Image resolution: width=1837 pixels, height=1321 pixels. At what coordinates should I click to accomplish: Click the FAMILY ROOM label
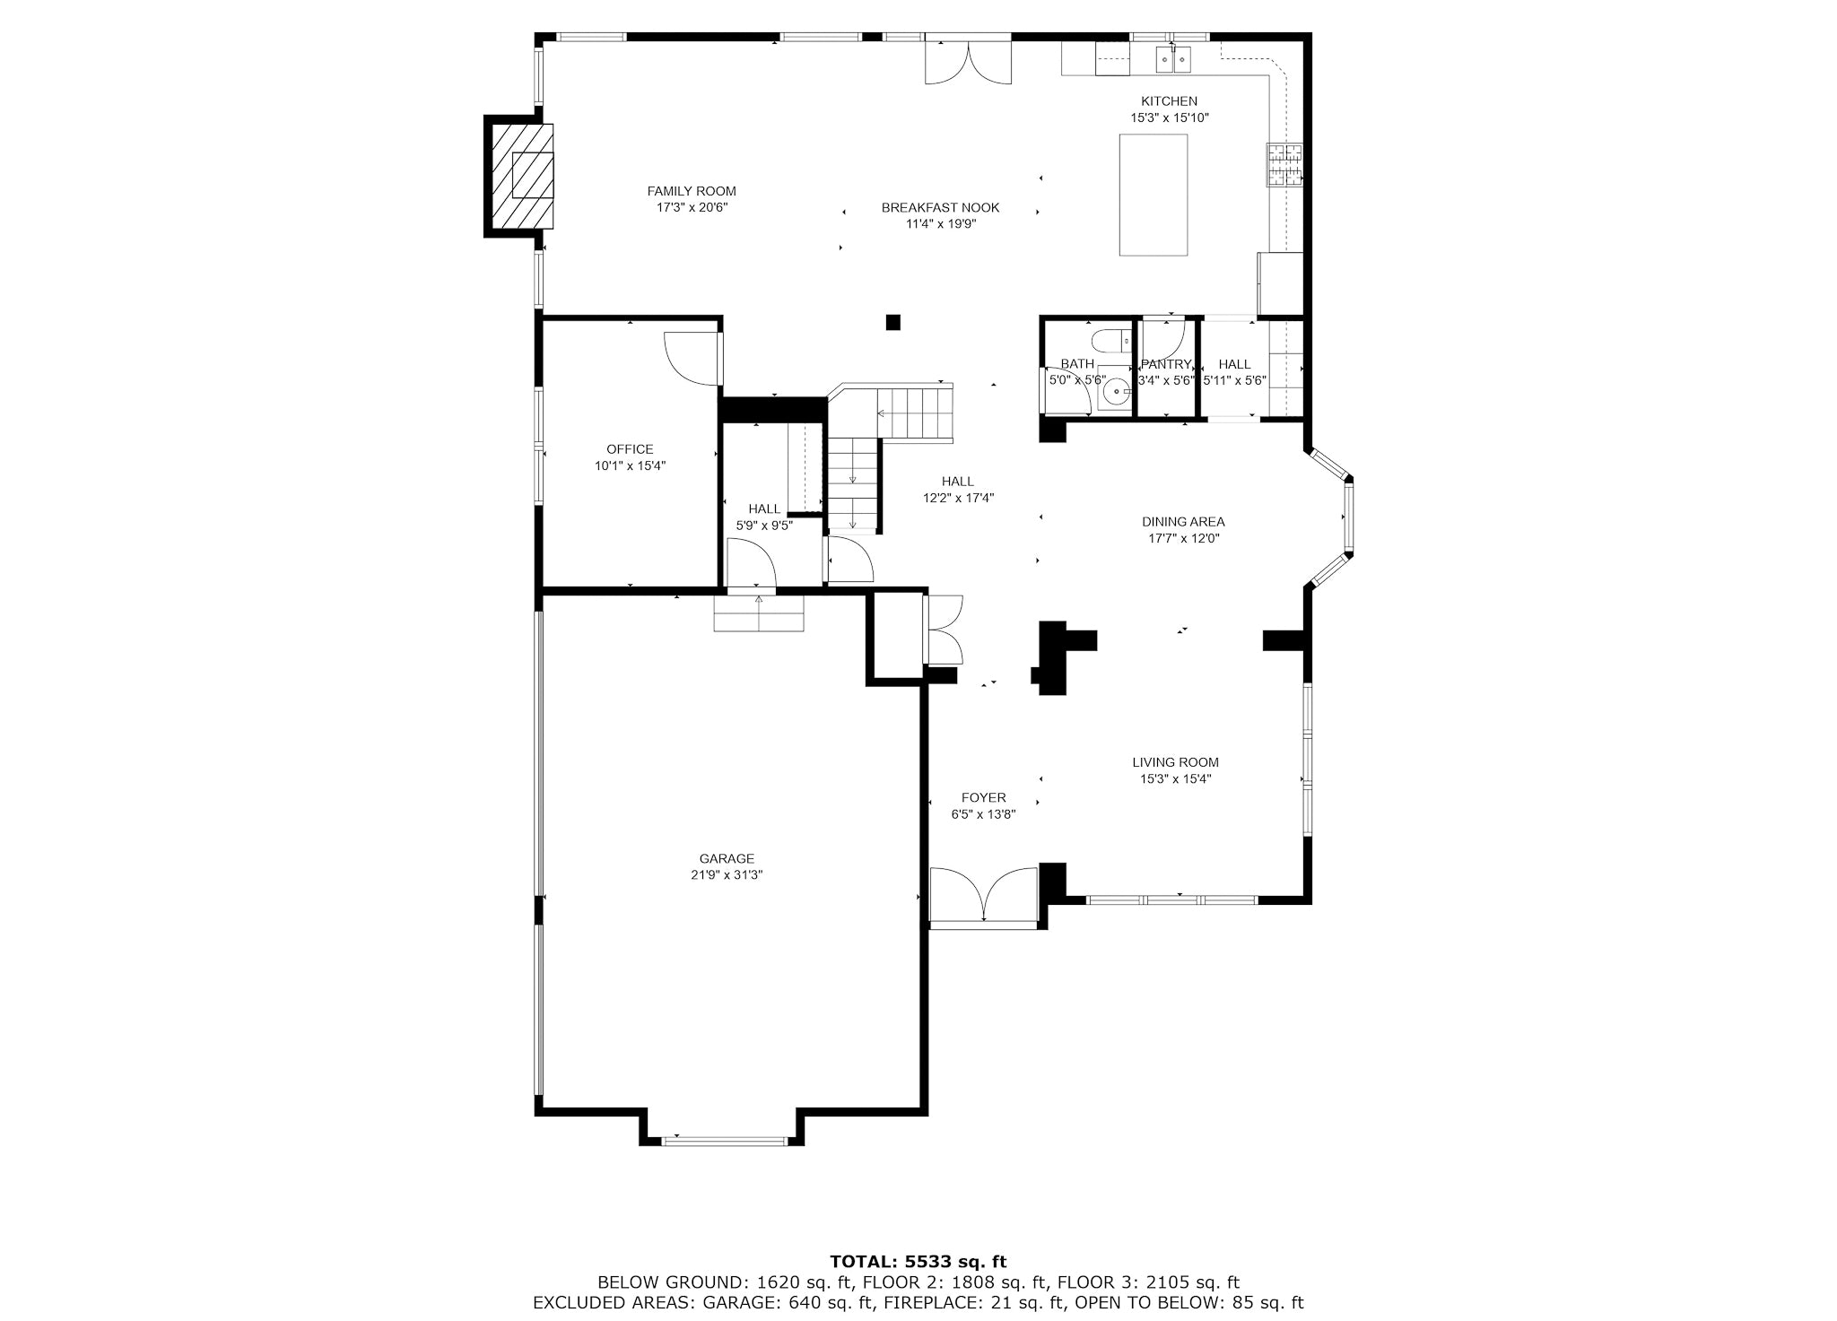[692, 191]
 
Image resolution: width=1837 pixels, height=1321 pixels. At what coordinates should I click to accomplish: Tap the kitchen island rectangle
[1154, 195]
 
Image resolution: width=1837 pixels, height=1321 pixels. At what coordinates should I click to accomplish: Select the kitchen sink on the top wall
[1172, 59]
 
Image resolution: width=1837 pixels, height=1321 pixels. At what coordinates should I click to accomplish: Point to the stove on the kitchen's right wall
[1284, 165]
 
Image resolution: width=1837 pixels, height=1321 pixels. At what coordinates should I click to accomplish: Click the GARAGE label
[727, 858]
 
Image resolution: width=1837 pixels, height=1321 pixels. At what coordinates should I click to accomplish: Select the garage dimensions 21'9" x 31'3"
[727, 875]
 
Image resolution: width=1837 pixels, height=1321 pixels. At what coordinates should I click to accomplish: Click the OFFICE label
[630, 449]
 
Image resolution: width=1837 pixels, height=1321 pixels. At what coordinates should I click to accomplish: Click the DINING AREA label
[1183, 522]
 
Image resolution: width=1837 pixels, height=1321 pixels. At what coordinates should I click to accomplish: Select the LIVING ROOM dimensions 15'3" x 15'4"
[1175, 779]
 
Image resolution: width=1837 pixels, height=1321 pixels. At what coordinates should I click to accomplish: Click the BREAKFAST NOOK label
[940, 207]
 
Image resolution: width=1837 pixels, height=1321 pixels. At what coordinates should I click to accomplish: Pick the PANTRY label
[1166, 364]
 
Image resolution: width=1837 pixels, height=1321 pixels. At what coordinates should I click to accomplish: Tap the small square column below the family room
[892, 322]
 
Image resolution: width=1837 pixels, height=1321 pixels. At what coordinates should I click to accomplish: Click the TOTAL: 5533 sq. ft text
[918, 1262]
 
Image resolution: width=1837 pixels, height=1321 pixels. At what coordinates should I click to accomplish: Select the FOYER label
[984, 797]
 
